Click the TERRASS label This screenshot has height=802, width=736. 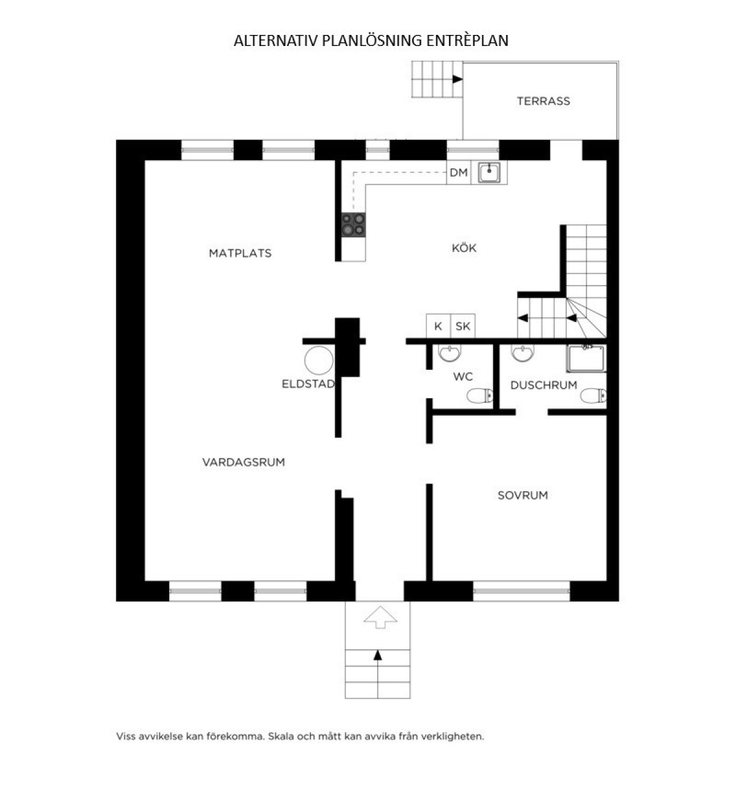[x=543, y=101]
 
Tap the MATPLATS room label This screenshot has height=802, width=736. [x=240, y=253]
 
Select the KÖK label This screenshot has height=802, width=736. [x=464, y=248]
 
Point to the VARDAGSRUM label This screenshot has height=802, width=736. [x=243, y=462]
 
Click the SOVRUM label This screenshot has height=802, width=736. [x=523, y=495]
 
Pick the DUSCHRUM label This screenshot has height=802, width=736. [x=544, y=385]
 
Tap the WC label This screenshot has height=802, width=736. [x=463, y=376]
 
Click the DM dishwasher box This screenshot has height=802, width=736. [x=459, y=172]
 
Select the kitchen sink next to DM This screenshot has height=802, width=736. [x=489, y=172]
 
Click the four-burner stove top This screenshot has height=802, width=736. [x=354, y=224]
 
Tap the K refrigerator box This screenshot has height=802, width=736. [x=439, y=326]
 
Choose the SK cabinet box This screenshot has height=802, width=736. [x=463, y=326]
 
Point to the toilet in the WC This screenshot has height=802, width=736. [x=480, y=396]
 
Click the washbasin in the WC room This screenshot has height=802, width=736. [x=450, y=353]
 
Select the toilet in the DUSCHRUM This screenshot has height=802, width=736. [x=593, y=396]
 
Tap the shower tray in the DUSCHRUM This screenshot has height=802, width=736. [x=586, y=359]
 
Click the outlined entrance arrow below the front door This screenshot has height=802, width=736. [x=380, y=617]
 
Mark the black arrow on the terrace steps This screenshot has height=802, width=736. [x=458, y=79]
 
